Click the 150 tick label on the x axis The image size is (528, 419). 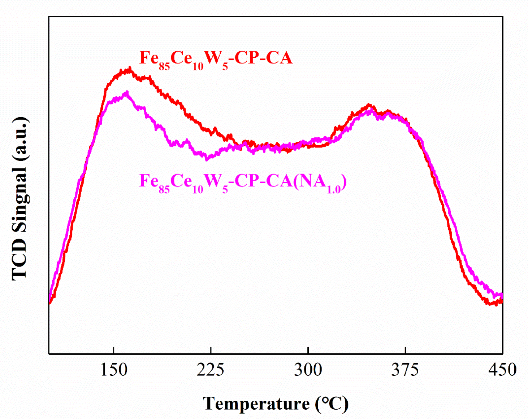coord(114,370)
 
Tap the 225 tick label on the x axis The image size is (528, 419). coord(211,370)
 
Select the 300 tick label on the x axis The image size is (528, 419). coord(308,370)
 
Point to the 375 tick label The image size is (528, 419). coord(405,370)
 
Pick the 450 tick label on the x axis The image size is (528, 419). coord(502,370)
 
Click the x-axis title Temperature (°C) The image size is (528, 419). coord(276,404)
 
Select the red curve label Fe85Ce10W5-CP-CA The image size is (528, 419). coord(216,58)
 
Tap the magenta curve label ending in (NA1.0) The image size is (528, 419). coord(243,182)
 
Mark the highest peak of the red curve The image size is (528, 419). coord(130,68)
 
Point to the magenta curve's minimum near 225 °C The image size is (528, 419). coord(207,159)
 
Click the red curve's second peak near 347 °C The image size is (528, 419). coord(369,105)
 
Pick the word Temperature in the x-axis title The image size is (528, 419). coord(256,404)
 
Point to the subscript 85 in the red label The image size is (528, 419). coord(164,66)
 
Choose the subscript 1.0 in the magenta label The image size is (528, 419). coord(334,189)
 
